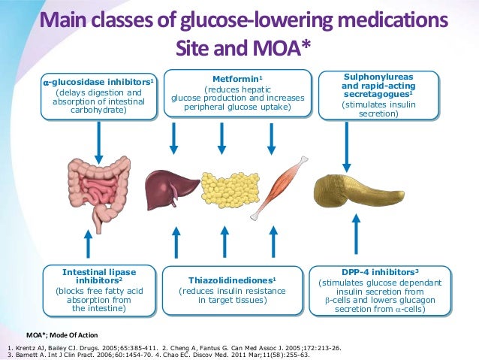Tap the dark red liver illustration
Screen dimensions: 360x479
pos(164,185)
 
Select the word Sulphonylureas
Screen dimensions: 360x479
pos(378,77)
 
